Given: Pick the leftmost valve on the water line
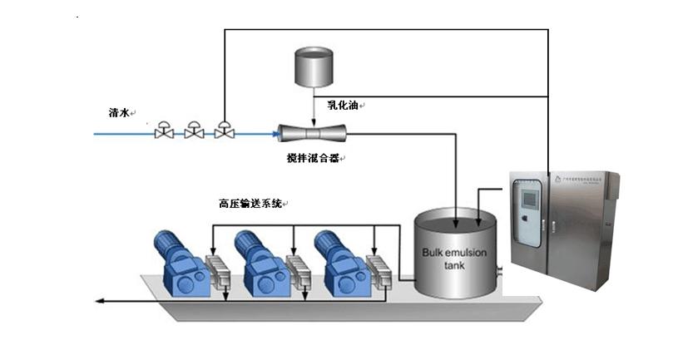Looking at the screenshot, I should tap(164, 131).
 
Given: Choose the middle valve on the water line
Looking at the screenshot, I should tap(194, 131).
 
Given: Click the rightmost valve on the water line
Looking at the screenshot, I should tap(223, 131).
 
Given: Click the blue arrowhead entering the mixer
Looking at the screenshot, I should tap(277, 131).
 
